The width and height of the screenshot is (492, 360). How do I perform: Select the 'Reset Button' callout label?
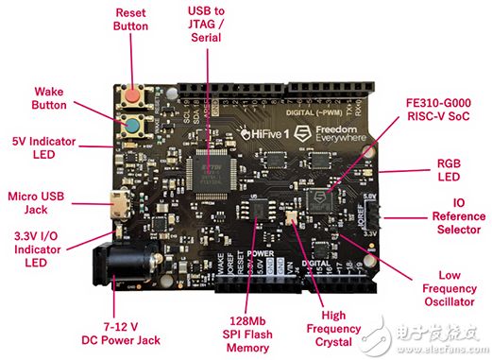click(131, 20)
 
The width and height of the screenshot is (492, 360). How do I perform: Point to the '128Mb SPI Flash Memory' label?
click(238, 332)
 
